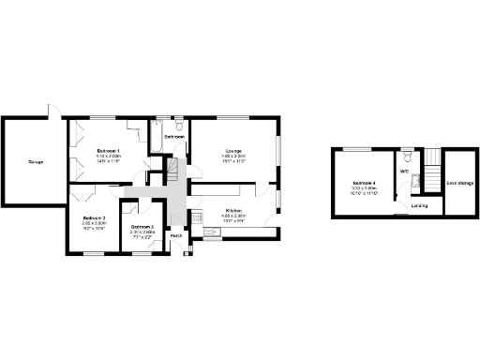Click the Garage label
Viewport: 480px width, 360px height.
36,161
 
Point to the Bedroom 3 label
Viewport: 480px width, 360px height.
142,227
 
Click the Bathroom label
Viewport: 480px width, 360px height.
174,137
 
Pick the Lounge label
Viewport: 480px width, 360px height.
234,150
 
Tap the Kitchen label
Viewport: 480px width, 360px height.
234,210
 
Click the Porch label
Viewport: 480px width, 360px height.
176,235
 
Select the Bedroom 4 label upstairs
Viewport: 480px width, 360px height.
364,182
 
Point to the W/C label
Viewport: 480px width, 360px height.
405,172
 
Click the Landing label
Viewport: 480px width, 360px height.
419,204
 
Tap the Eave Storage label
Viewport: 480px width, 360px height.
459,182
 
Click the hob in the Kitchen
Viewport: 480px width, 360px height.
197,218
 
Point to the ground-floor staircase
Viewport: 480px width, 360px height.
172,170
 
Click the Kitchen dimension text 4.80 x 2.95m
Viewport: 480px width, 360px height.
234,216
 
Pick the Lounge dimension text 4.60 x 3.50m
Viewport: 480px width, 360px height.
234,156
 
